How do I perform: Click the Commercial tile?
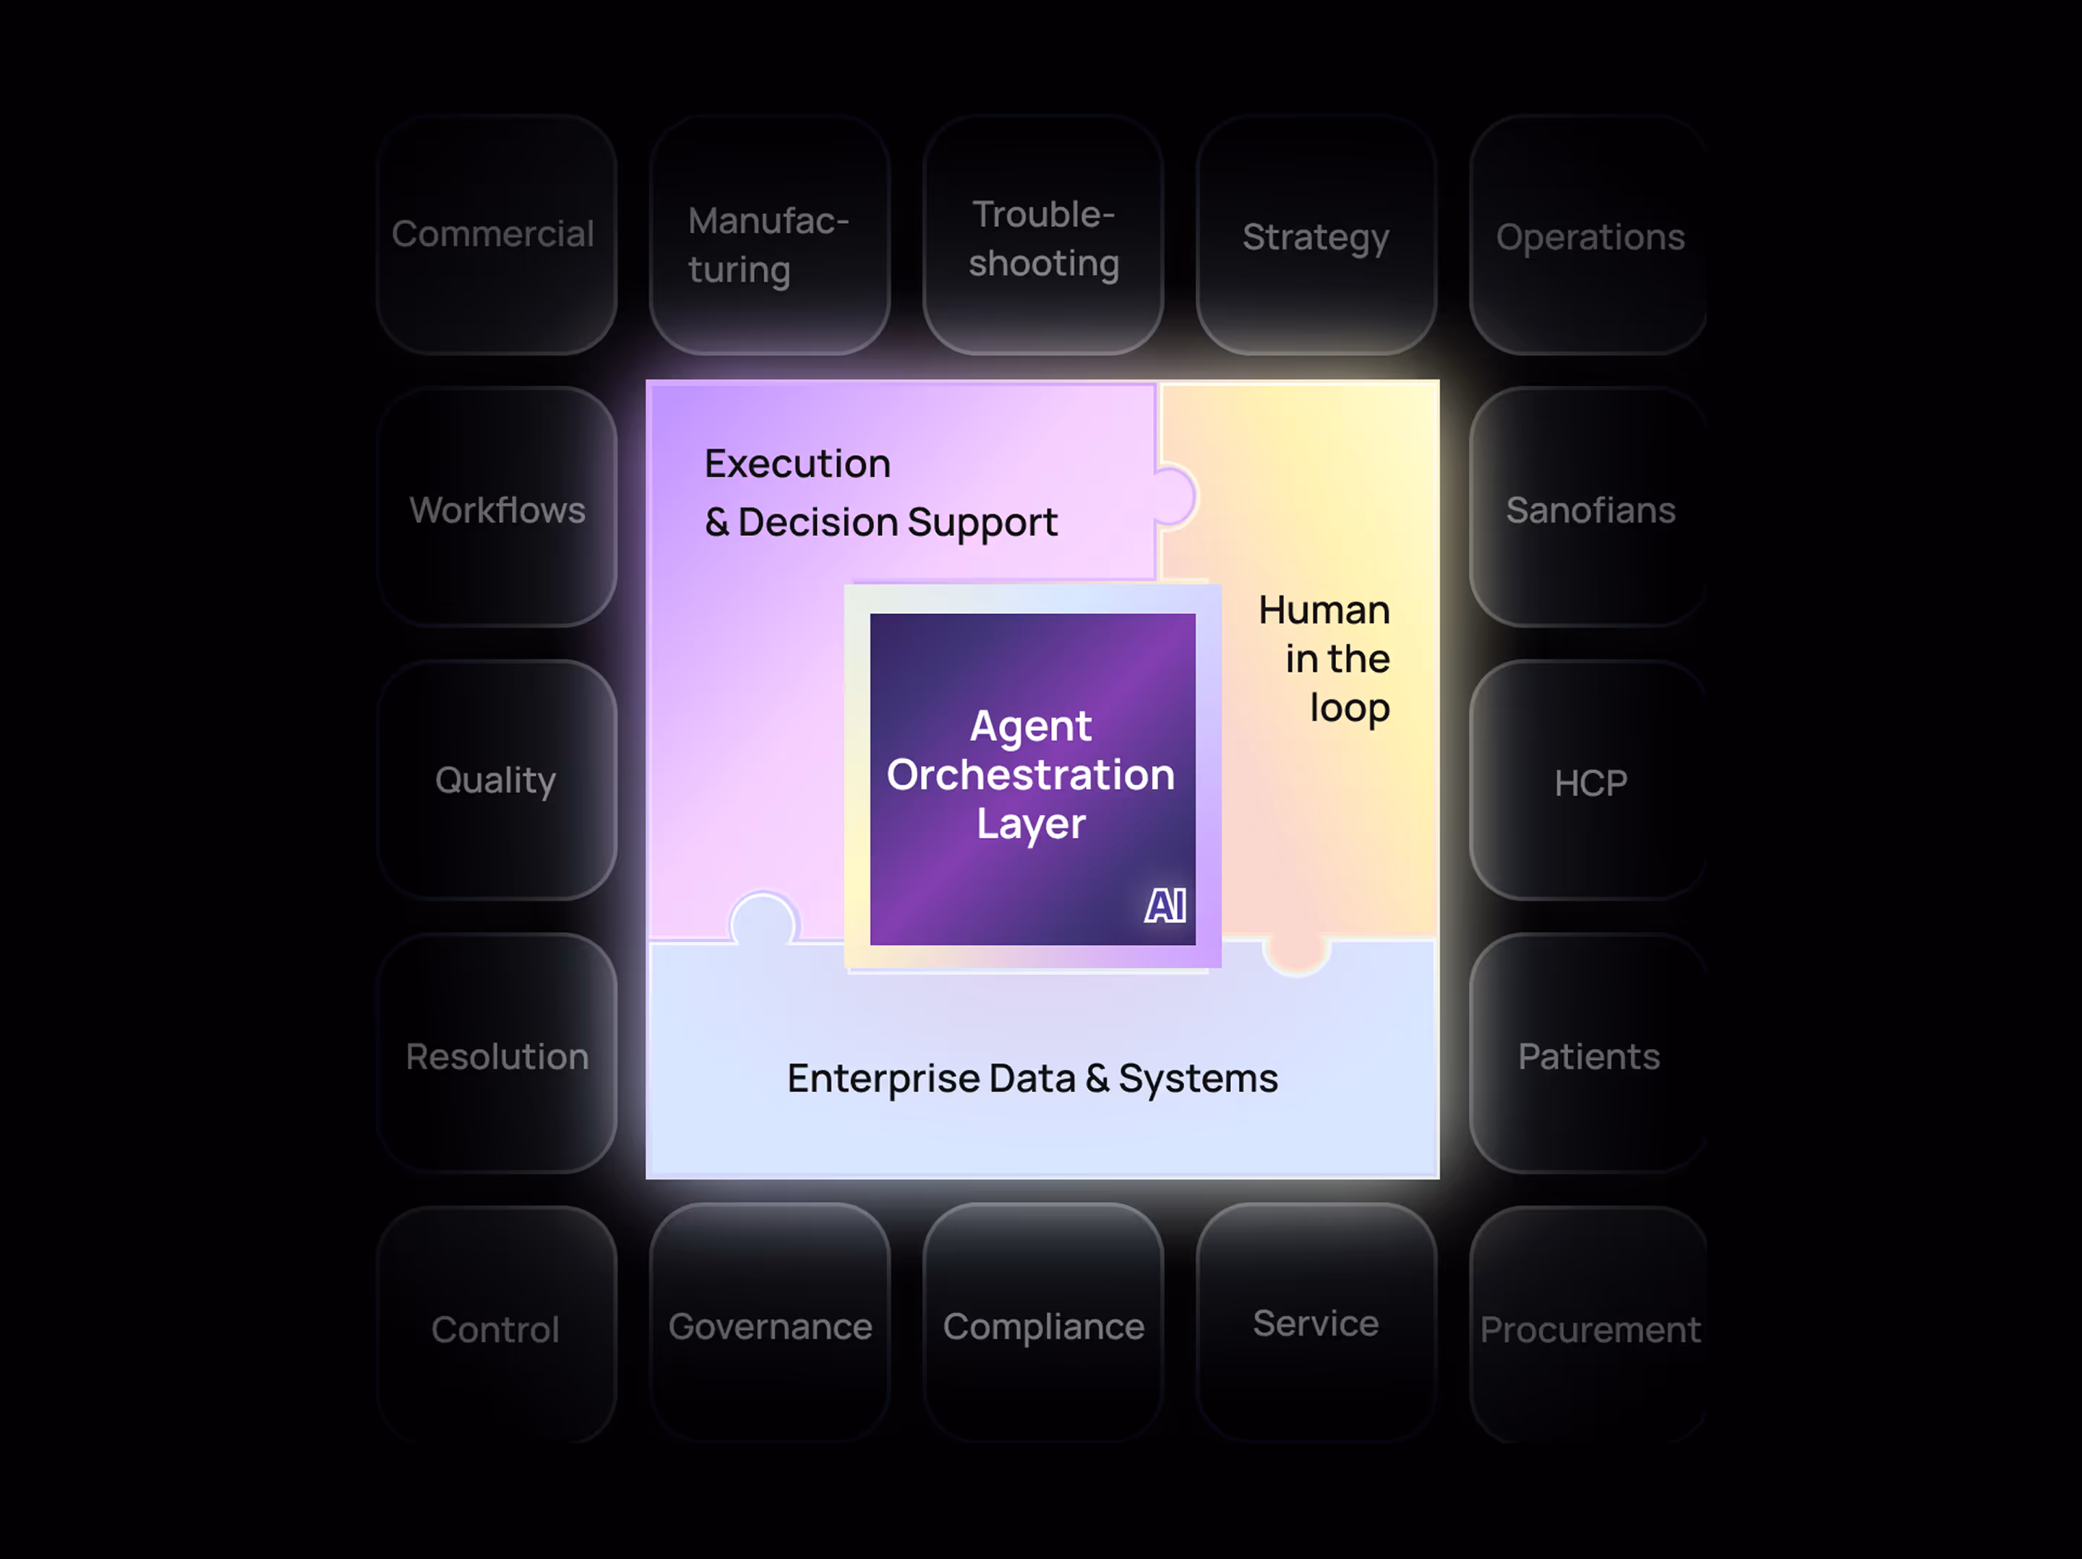[496, 234]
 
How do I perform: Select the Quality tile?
[496, 780]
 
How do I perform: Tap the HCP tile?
[1589, 781]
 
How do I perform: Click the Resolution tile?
[496, 1055]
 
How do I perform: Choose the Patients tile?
[1589, 1055]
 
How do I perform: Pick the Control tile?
[496, 1328]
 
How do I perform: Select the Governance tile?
[769, 1325]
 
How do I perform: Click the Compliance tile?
[1043, 1325]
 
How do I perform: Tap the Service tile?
[1316, 1323]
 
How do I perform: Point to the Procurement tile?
[1589, 1328]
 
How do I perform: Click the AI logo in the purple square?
[1165, 906]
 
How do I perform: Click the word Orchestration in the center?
[1031, 774]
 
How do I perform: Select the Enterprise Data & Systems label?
[1032, 1077]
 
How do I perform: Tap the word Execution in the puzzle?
[797, 463]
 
